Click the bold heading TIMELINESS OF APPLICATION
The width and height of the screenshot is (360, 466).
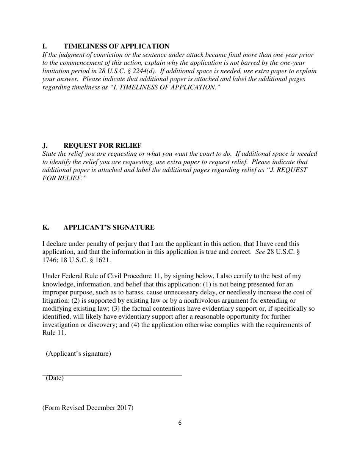click(116, 46)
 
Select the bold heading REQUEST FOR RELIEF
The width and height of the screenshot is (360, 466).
click(102, 145)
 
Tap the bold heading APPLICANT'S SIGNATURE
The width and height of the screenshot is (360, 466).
click(109, 227)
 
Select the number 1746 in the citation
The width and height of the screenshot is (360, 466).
click(49, 260)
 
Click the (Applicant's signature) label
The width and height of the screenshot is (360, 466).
click(78, 354)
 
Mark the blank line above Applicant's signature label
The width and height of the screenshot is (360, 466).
click(112, 350)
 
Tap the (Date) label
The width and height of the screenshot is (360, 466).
click(55, 378)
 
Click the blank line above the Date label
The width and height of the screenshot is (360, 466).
click(112, 375)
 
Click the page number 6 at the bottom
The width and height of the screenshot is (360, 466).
click(180, 423)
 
